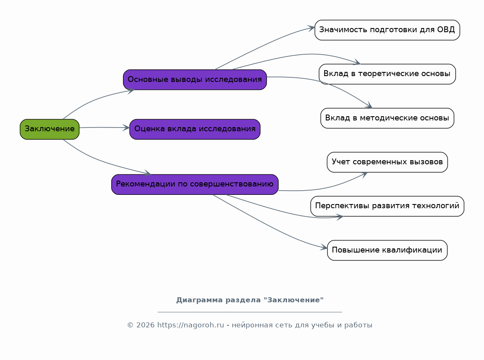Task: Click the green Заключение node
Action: click(49, 129)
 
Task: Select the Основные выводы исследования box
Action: click(195, 79)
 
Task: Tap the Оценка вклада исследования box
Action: click(195, 129)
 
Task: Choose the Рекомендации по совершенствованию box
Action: click(195, 184)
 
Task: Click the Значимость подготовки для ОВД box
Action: click(387, 30)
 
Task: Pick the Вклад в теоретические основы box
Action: click(387, 74)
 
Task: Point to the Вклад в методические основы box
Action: click(387, 118)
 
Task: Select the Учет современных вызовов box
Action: click(387, 162)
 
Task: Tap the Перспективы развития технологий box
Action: click(387, 206)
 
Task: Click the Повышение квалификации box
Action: click(387, 250)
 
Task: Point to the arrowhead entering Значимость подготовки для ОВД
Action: click(311, 28)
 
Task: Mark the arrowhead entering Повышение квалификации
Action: click(324, 248)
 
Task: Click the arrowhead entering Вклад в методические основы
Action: click(369, 106)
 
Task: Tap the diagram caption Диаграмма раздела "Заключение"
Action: click(250, 300)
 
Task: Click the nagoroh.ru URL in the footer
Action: click(191, 325)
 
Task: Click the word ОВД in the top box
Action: click(446, 30)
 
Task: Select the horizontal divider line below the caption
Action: click(250, 312)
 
